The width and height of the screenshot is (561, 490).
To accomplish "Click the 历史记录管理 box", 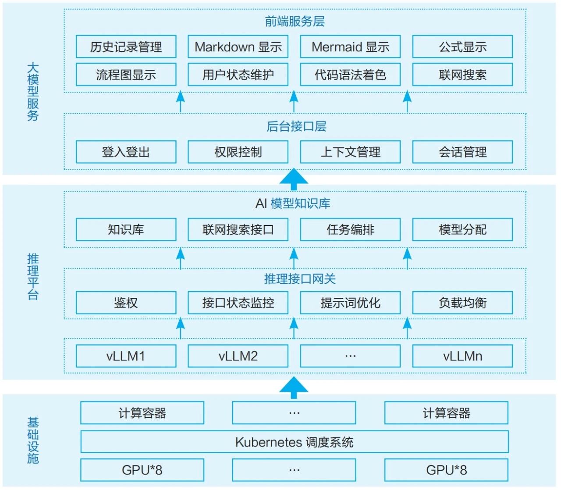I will [x=126, y=47].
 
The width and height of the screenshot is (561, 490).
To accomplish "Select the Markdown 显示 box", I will [x=238, y=47].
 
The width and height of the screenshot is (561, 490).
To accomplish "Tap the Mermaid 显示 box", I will [x=350, y=47].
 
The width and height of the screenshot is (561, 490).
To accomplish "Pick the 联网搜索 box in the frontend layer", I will [x=462, y=75].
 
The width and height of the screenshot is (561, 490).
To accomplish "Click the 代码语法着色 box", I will [x=350, y=75].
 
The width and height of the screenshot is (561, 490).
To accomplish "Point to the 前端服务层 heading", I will [x=295, y=21].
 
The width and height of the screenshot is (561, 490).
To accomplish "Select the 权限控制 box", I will [x=238, y=152].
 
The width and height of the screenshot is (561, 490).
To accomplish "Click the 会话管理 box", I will [x=462, y=152].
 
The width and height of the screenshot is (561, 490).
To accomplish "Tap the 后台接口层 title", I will [x=296, y=127].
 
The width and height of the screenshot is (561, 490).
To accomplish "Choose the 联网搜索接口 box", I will [x=238, y=229].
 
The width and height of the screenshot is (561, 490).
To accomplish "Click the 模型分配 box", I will [x=462, y=229].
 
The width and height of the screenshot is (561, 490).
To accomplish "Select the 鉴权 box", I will [x=126, y=303].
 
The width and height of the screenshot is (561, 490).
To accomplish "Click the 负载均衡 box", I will [x=462, y=303].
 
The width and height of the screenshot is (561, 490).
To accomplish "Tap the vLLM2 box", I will [x=238, y=356].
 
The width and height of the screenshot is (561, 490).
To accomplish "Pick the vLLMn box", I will [x=462, y=356].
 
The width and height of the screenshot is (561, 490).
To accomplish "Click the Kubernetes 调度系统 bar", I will [x=294, y=442].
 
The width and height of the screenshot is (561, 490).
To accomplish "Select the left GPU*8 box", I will [x=142, y=470].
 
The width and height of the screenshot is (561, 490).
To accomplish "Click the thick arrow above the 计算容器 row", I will [x=294, y=387].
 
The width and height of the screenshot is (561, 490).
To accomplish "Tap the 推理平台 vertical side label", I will [x=33, y=276].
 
